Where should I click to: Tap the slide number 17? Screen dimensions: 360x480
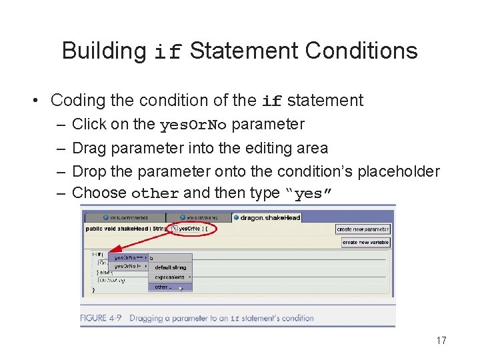point(441,341)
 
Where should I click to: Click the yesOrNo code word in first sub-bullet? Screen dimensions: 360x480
point(193,125)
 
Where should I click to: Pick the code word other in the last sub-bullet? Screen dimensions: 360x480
point(155,194)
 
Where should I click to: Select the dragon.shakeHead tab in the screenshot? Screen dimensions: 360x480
point(269,217)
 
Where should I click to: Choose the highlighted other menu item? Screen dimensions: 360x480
point(163,287)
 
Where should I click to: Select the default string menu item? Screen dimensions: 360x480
point(171,267)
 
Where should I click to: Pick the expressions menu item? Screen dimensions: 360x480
point(171,277)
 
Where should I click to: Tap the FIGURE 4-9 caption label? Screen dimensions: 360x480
point(102,318)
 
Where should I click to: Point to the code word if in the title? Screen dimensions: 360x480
point(167,53)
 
